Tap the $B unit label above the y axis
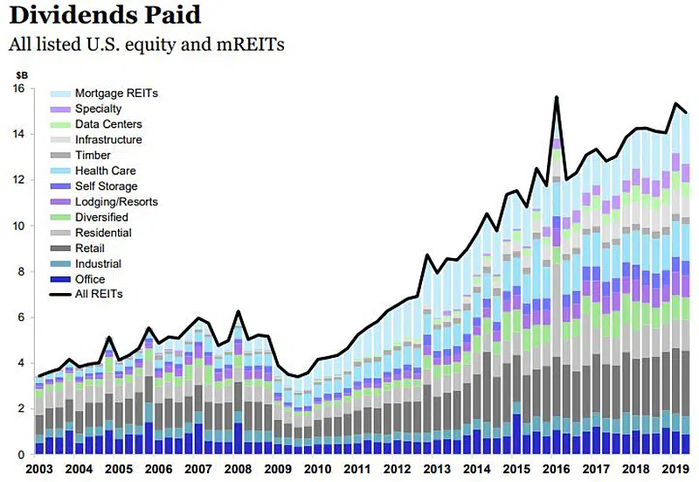[22, 74]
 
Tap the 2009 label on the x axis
[279, 469]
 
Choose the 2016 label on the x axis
[556, 469]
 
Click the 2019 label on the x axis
[673, 469]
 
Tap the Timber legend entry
[93, 155]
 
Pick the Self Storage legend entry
[106, 186]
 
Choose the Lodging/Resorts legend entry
[114, 202]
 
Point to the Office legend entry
[90, 279]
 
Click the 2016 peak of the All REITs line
[556, 97]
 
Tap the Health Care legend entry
[105, 171]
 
